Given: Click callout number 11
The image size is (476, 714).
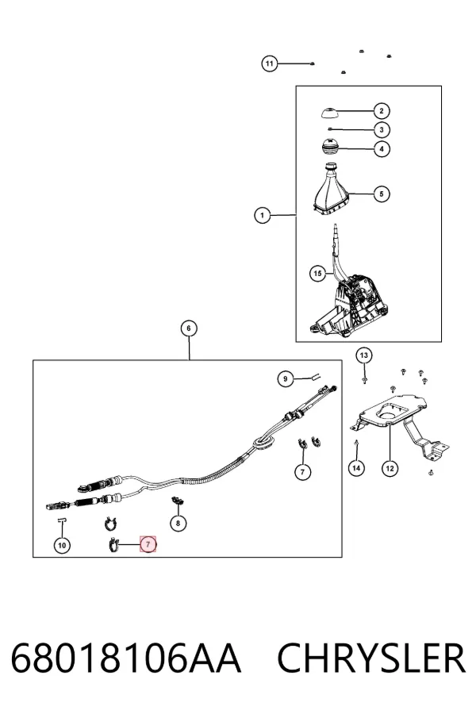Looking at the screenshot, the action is click(x=269, y=63).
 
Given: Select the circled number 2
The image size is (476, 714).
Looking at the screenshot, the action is click(x=382, y=110).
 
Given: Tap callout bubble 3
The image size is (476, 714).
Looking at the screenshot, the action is click(x=382, y=130).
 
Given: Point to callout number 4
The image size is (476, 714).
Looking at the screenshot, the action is click(x=382, y=148).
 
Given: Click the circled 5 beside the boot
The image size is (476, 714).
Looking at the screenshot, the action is click(x=382, y=194).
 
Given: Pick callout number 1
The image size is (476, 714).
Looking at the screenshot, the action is click(x=262, y=215).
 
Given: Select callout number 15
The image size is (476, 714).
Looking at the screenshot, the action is click(x=317, y=273).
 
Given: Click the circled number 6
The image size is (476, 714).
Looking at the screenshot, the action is click(x=189, y=328).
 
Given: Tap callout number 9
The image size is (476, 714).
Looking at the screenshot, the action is click(x=286, y=379).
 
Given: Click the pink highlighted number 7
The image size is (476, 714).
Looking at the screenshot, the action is click(x=148, y=543).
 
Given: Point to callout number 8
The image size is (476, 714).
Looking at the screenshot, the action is click(x=178, y=524).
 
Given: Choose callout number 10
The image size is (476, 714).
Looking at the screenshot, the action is click(x=62, y=545).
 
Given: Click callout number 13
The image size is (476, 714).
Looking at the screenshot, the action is click(x=363, y=355).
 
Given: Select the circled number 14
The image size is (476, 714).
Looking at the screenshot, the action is click(x=356, y=467).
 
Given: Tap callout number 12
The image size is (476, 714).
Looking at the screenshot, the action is click(x=390, y=468).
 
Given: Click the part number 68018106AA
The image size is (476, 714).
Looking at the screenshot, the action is click(x=125, y=658).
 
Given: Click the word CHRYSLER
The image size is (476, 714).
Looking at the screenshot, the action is click(x=371, y=658).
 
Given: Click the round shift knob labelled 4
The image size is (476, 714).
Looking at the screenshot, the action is click(x=329, y=147).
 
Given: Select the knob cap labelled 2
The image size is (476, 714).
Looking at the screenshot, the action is click(x=330, y=112).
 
